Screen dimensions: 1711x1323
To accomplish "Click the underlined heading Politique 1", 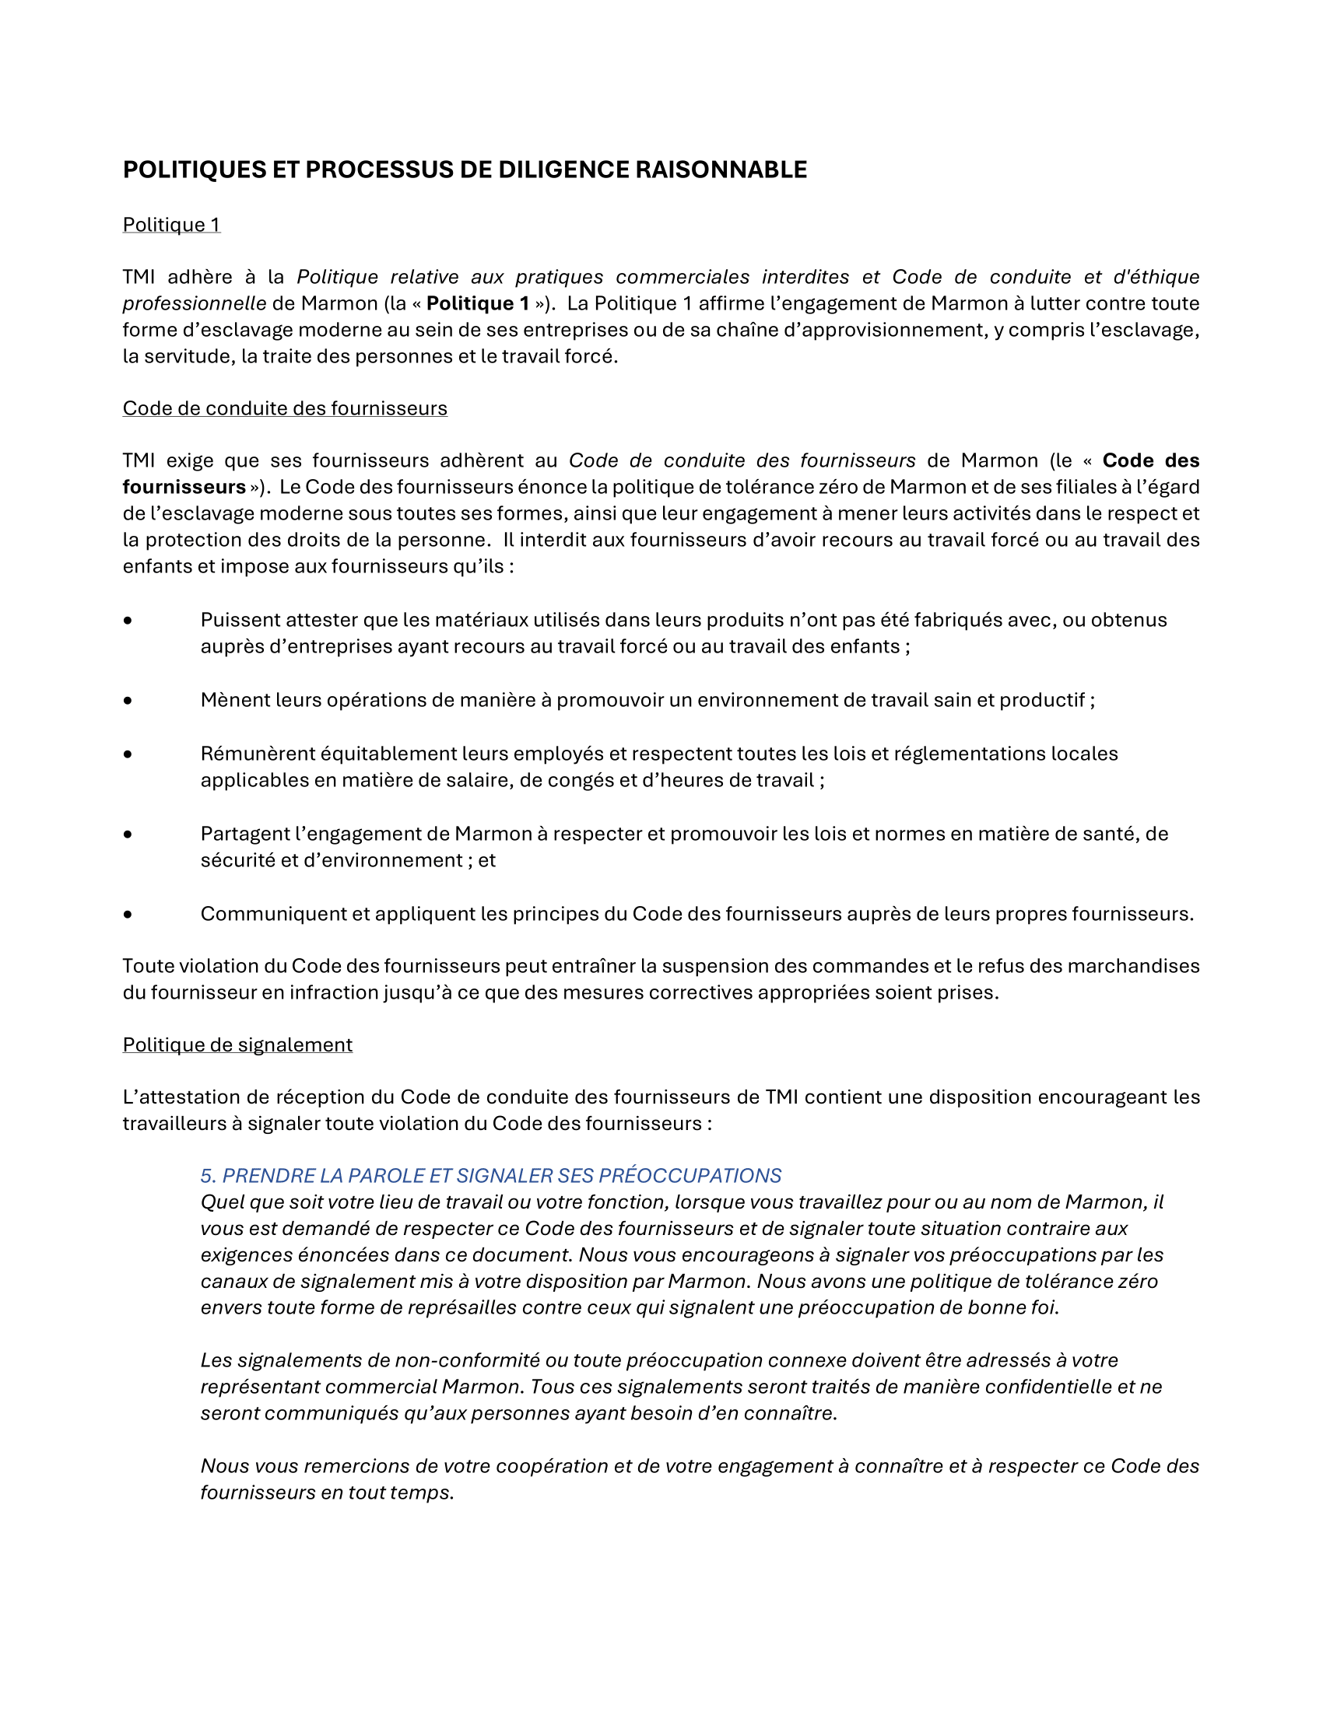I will pos(172,225).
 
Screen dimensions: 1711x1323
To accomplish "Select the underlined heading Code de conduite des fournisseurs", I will pos(285,408).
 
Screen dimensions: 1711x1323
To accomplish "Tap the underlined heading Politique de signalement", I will pos(237,1044).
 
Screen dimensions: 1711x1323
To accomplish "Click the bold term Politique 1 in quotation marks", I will pos(477,303).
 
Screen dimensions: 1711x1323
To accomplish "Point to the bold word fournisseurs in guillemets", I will pos(184,487).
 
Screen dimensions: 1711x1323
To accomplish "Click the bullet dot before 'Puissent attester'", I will pos(128,621).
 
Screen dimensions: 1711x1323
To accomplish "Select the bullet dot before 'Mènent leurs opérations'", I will pos(128,701).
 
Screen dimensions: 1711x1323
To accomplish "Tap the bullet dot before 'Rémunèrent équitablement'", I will pos(128,754).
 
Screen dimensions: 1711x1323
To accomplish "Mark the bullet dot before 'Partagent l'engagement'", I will pos(128,835).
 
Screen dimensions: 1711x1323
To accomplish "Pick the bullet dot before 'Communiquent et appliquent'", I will pos(128,915).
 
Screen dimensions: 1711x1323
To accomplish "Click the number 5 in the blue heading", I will pos(207,1175).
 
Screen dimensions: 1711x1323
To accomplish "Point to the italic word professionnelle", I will pos(195,303).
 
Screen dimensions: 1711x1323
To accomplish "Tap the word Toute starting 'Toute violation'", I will pos(148,966).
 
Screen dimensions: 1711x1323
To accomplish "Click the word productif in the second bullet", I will pos(1041,700).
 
